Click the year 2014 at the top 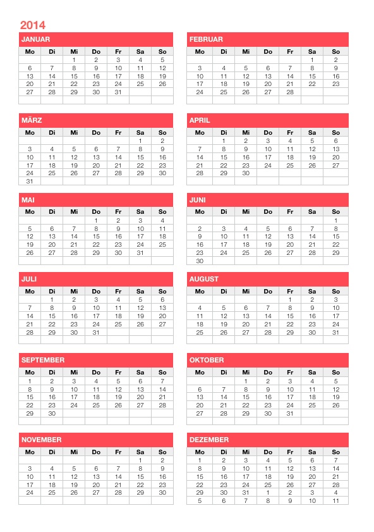point(32,25)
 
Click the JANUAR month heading point(35,39)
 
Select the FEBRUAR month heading point(205,39)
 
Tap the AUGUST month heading point(203,279)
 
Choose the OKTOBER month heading point(206,360)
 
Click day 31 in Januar point(118,92)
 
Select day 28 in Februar point(290,92)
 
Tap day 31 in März point(30,181)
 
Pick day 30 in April point(246,173)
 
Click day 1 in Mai point(96,220)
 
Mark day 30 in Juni point(200,261)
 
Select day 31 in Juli point(96,332)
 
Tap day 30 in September point(52,413)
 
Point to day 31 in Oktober point(290,413)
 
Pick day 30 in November point(162,492)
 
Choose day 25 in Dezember point(268,485)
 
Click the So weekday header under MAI point(162,212)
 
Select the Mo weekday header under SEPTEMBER point(30,372)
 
